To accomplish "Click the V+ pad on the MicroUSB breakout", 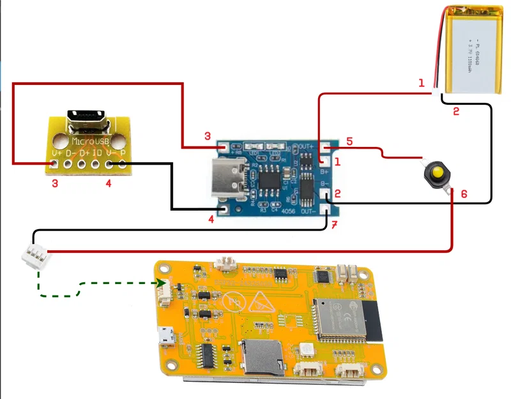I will click(55, 165).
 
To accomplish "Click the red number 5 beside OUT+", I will click(349, 140).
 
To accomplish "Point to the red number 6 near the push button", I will click(464, 193).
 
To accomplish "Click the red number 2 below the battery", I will click(456, 112).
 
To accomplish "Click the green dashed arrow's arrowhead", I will click(167, 283).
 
